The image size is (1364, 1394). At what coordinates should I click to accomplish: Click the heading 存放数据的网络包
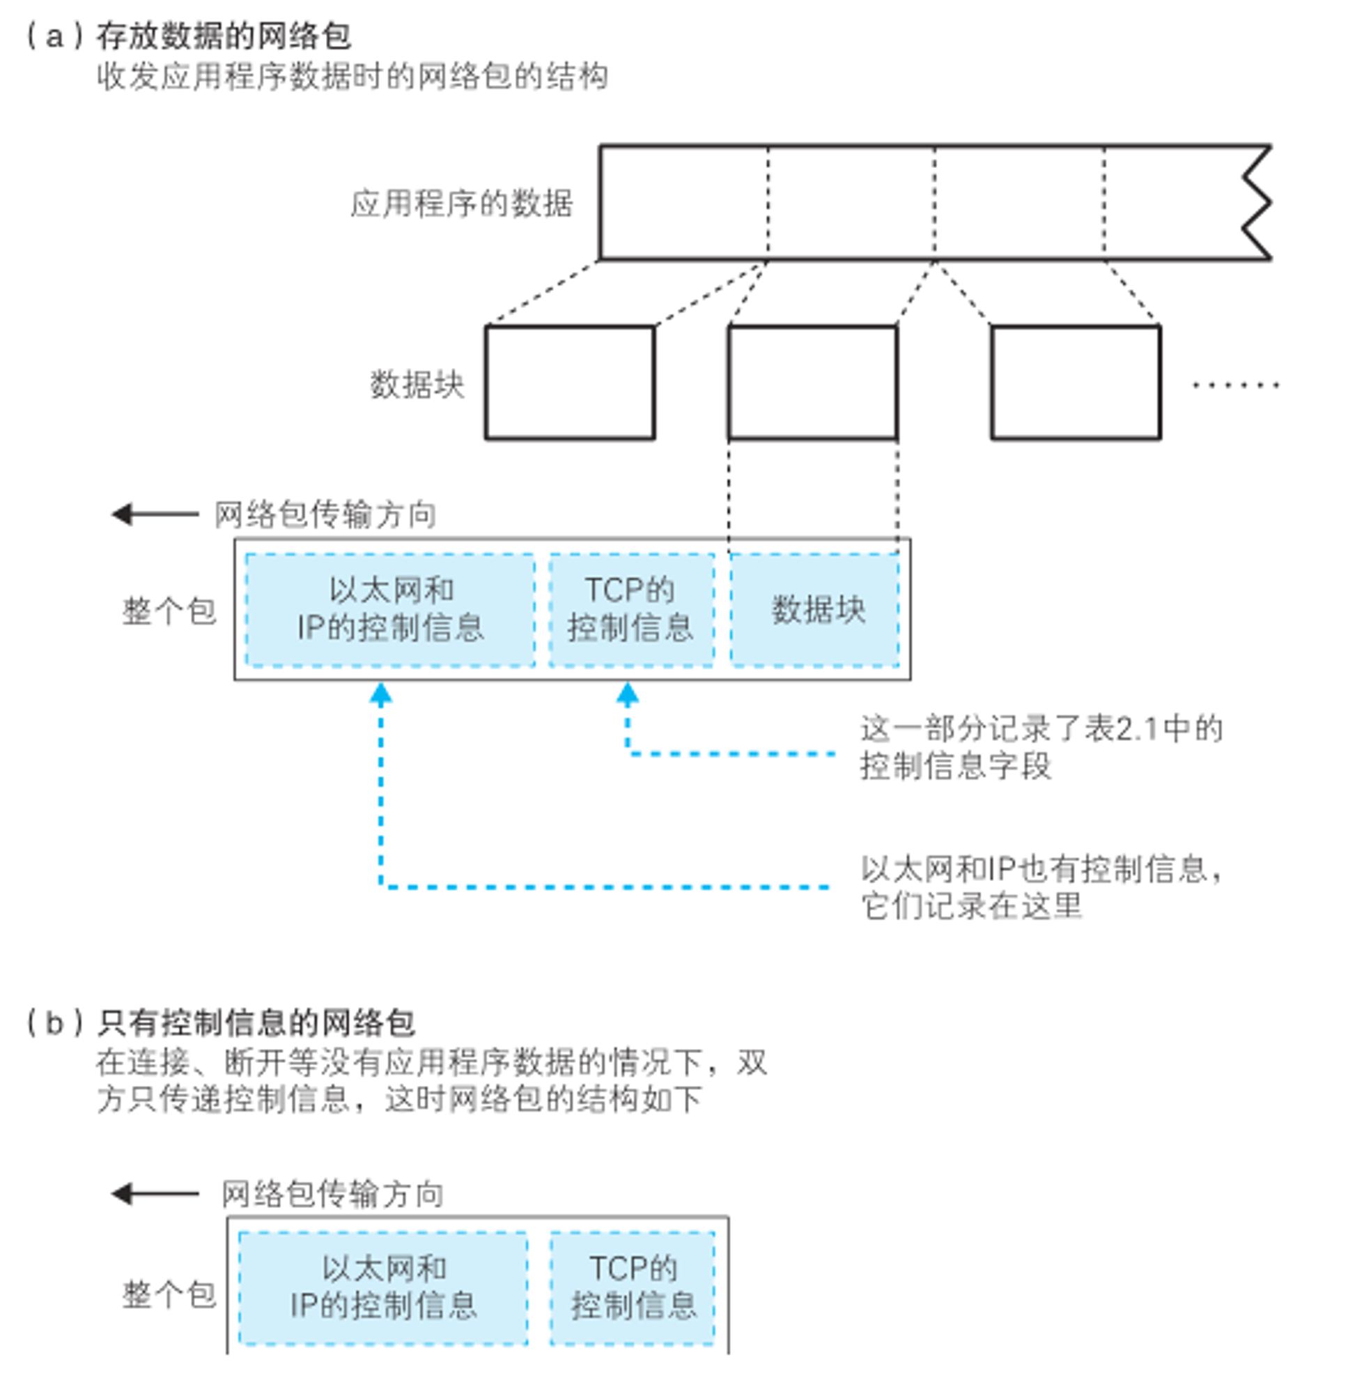coord(224,36)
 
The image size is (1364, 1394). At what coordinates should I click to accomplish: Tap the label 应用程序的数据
coord(461,204)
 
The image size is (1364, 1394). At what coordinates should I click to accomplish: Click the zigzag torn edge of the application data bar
coord(1257,203)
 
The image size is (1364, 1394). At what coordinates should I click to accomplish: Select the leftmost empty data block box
coord(570,383)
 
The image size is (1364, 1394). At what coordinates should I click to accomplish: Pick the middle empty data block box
coord(812,383)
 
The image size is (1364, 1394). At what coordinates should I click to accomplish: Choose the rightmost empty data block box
coord(1076,383)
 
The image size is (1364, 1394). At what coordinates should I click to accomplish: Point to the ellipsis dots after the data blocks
coord(1236,385)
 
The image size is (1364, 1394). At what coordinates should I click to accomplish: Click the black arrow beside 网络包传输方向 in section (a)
coord(155,514)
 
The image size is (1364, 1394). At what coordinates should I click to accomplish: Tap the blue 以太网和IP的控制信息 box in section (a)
coord(389,610)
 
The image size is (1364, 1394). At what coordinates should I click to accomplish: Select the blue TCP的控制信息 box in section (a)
coord(631,610)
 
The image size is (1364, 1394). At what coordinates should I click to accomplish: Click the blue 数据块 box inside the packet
coord(814,610)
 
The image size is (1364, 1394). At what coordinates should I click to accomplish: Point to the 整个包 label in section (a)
coord(169,611)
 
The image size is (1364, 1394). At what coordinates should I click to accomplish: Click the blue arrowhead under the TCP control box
coord(628,693)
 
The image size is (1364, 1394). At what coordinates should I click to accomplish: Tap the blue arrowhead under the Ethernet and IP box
coord(380,693)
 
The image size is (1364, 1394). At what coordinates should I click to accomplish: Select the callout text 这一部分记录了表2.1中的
coord(1041,729)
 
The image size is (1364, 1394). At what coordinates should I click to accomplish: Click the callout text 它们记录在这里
coord(971,906)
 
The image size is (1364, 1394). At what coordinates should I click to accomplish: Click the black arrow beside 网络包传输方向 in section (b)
coord(155,1194)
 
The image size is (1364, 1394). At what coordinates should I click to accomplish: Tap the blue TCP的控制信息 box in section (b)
coord(633,1288)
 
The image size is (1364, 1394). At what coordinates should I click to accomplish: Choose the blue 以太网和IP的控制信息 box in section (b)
coord(383,1288)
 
